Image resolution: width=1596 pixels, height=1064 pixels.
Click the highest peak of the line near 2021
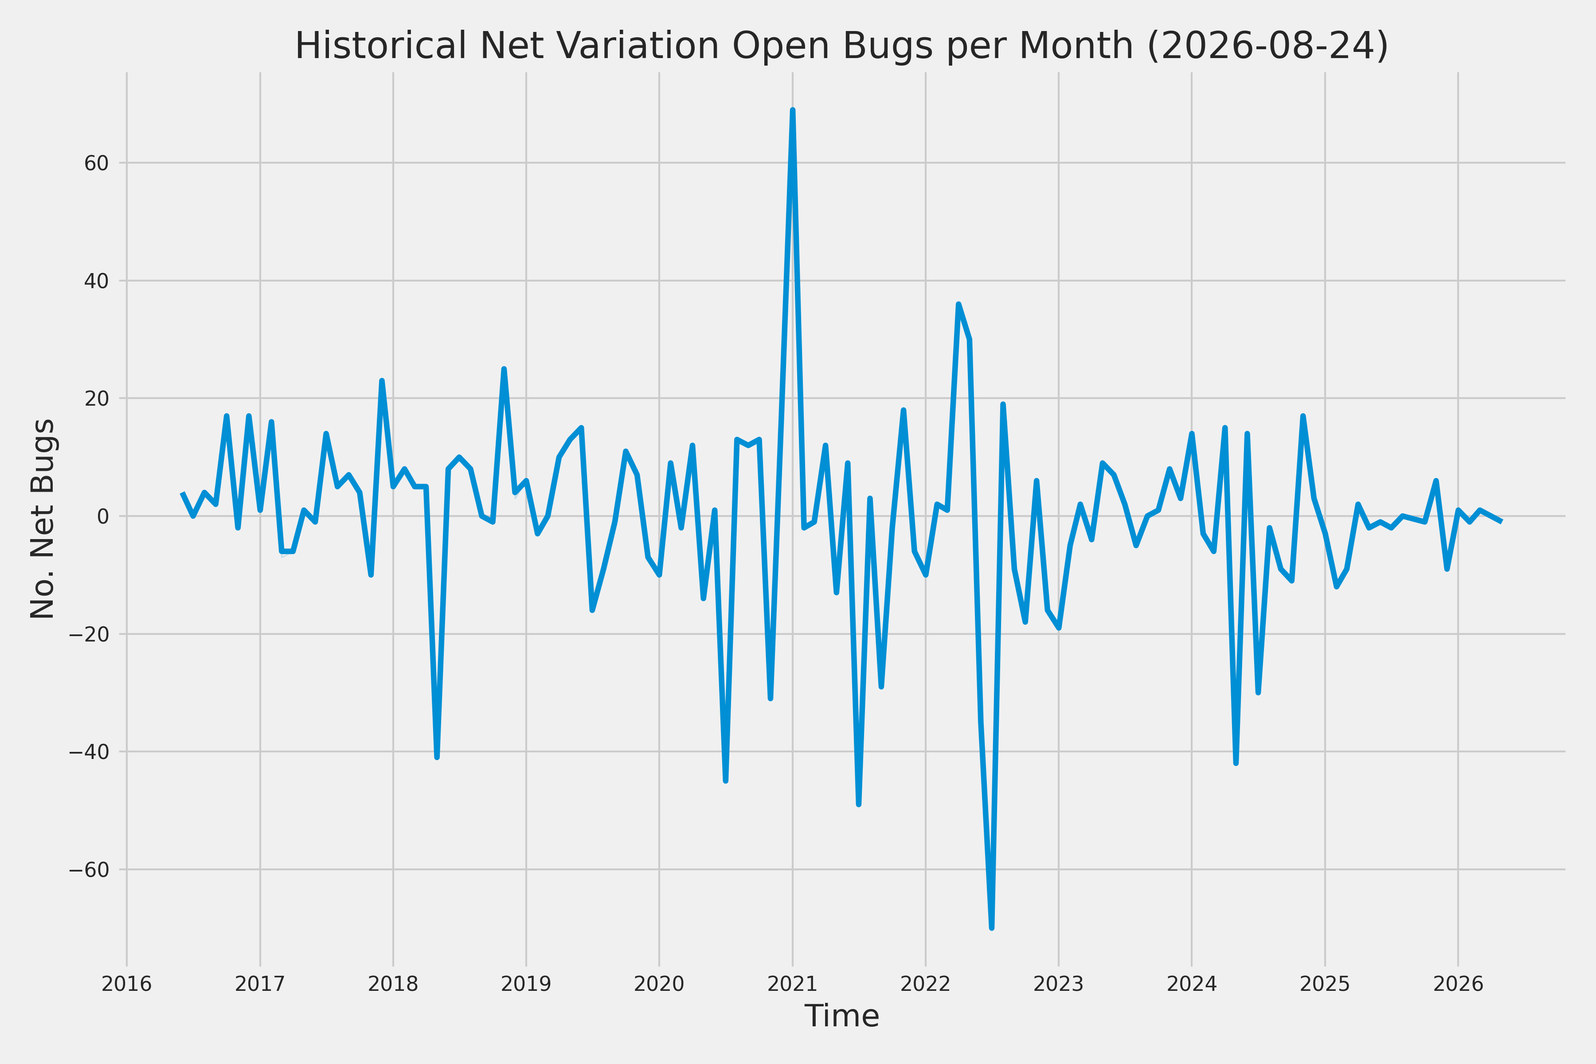pos(793,110)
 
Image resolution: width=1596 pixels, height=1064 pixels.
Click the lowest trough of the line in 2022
pos(992,927)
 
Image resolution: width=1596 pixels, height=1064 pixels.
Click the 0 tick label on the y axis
pos(103,516)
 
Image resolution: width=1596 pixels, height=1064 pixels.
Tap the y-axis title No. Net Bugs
pos(42,518)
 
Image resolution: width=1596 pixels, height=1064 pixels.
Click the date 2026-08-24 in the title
pos(1267,46)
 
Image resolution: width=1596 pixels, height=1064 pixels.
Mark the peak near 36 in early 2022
pos(958,304)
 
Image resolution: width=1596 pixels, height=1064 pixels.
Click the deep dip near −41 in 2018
pos(437,757)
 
